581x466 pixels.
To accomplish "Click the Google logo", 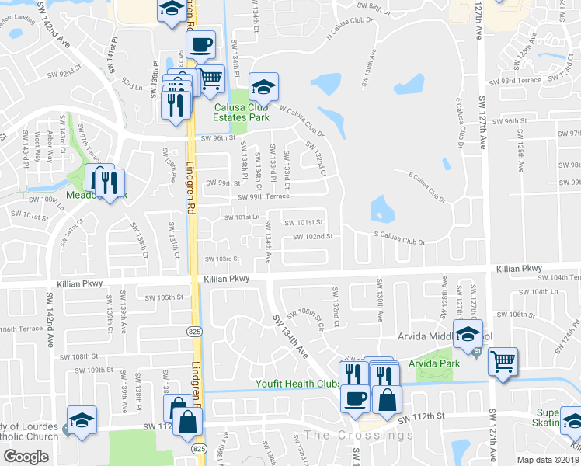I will [x=26, y=456].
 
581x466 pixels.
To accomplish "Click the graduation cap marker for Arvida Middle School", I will [x=468, y=335].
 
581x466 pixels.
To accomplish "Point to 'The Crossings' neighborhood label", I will [x=360, y=435].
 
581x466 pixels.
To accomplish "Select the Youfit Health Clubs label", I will [x=299, y=384].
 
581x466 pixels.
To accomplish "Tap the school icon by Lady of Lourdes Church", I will [x=82, y=421].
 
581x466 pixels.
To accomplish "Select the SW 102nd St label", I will [x=312, y=236].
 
